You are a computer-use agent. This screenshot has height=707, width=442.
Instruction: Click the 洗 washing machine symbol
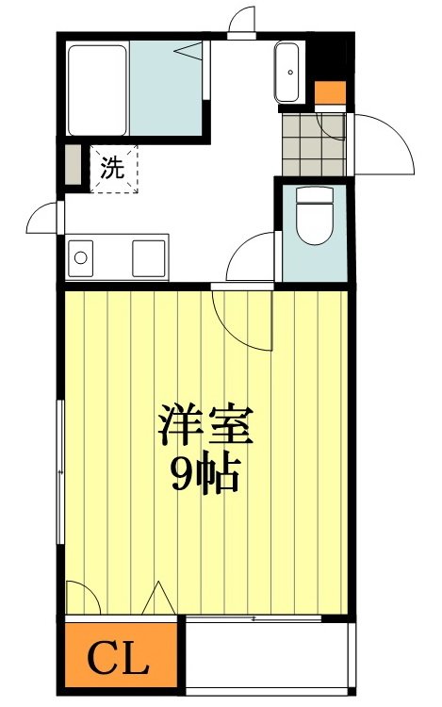(113, 169)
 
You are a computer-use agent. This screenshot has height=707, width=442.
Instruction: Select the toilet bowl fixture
(312, 221)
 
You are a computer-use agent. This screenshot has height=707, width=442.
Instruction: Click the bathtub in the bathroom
(97, 90)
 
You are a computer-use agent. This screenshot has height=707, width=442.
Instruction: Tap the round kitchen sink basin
(82, 256)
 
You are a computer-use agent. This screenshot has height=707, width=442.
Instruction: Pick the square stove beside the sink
(149, 256)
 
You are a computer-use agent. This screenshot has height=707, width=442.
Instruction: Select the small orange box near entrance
(331, 93)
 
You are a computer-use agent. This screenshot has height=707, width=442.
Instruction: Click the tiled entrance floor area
(314, 141)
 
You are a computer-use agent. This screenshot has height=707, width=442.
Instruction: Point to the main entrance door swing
(381, 140)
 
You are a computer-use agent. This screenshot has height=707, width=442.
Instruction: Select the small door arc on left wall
(43, 218)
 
